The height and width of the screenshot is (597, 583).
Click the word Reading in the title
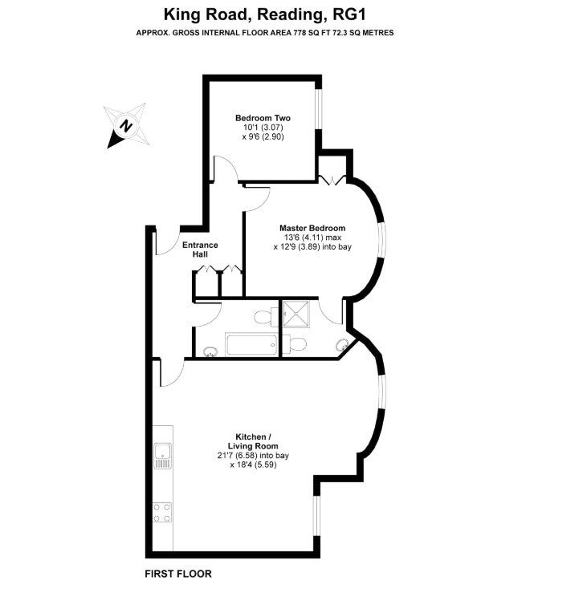click(290, 15)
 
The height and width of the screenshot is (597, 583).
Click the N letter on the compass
click(126, 126)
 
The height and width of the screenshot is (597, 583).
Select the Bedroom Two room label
click(263, 118)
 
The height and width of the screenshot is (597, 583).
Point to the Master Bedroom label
click(312, 228)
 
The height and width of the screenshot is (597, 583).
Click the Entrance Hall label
click(200, 250)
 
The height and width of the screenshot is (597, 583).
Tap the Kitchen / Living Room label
click(253, 441)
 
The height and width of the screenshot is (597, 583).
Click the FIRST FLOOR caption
click(178, 574)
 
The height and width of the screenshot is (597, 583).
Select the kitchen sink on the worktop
click(163, 456)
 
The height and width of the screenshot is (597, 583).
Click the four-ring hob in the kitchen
click(162, 512)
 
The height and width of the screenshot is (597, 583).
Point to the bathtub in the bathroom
click(251, 344)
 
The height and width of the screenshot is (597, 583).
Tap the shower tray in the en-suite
click(296, 314)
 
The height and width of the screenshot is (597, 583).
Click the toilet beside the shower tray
click(295, 344)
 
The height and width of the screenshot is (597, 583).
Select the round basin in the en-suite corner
click(342, 345)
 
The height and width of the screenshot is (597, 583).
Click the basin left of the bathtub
click(210, 351)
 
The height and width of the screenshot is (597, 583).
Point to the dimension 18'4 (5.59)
click(253, 465)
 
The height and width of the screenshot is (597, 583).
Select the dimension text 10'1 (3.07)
click(263, 128)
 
